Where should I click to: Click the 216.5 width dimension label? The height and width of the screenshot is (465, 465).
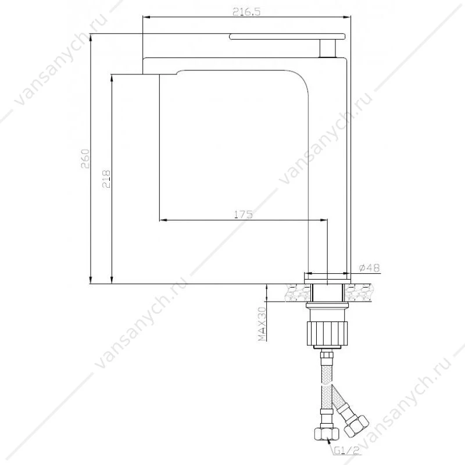click(x=246, y=12)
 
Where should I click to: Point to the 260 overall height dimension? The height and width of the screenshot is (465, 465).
click(x=85, y=159)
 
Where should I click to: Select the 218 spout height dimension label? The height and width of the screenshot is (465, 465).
click(x=106, y=179)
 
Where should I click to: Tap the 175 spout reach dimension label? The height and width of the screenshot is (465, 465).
click(x=244, y=214)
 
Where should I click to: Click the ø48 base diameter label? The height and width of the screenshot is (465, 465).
click(x=369, y=268)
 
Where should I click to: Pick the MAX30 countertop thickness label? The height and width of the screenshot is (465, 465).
click(x=263, y=324)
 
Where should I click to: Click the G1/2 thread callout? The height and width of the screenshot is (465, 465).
click(x=347, y=451)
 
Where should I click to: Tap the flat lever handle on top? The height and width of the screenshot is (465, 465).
click(x=287, y=37)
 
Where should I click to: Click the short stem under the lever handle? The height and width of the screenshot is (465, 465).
click(x=327, y=48)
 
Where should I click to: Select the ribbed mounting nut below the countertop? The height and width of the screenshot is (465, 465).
click(x=326, y=332)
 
